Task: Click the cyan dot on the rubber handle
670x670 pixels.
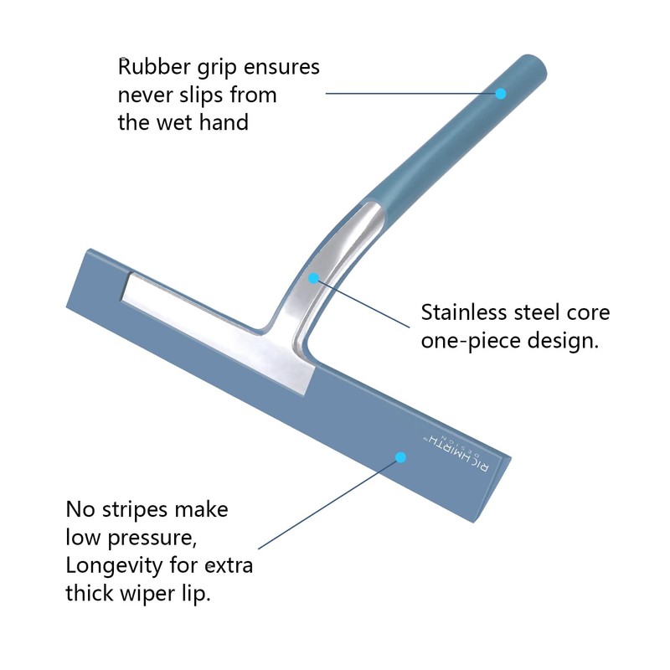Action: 501,94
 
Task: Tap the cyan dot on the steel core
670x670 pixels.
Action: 313,279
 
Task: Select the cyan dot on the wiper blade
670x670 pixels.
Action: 400,457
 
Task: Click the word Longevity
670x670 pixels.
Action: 114,566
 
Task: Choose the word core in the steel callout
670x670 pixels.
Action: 588,313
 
